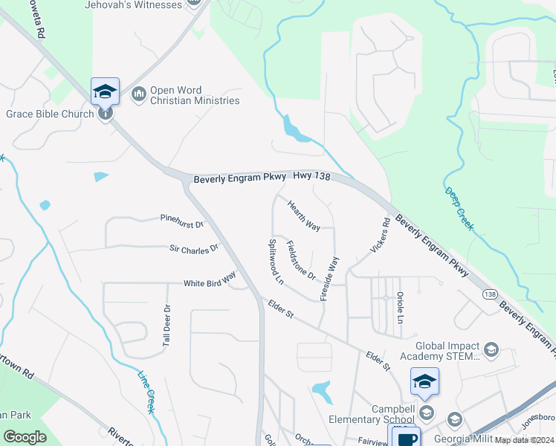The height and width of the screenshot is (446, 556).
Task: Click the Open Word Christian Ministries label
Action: [x=195, y=95]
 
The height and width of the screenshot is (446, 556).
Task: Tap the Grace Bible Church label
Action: [x=50, y=114]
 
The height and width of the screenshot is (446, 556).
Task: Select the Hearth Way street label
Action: [x=303, y=216]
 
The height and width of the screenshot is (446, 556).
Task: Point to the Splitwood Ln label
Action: [x=276, y=262]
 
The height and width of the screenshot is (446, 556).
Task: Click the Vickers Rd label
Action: [x=378, y=234]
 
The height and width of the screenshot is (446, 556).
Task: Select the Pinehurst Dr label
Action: [x=181, y=219]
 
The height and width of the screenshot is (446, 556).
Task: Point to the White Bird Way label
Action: [x=210, y=280]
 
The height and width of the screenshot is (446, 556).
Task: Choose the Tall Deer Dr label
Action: [x=167, y=325]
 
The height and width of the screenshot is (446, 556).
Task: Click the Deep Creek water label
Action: [x=459, y=208]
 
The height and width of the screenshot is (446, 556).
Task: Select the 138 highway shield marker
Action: [x=489, y=294]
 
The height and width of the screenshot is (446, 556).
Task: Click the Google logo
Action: [x=25, y=437]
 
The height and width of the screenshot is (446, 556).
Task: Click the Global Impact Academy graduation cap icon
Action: [x=490, y=349]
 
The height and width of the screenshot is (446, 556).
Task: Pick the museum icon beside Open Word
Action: [x=138, y=94]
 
